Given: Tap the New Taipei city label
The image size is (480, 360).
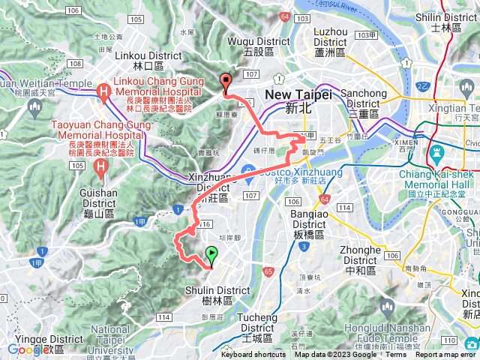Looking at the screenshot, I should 291,100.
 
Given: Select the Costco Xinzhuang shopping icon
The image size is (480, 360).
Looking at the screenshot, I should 249,175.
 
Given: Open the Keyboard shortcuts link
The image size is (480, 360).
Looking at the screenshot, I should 253,355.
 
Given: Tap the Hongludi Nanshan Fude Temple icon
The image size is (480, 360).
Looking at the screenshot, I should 387,307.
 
